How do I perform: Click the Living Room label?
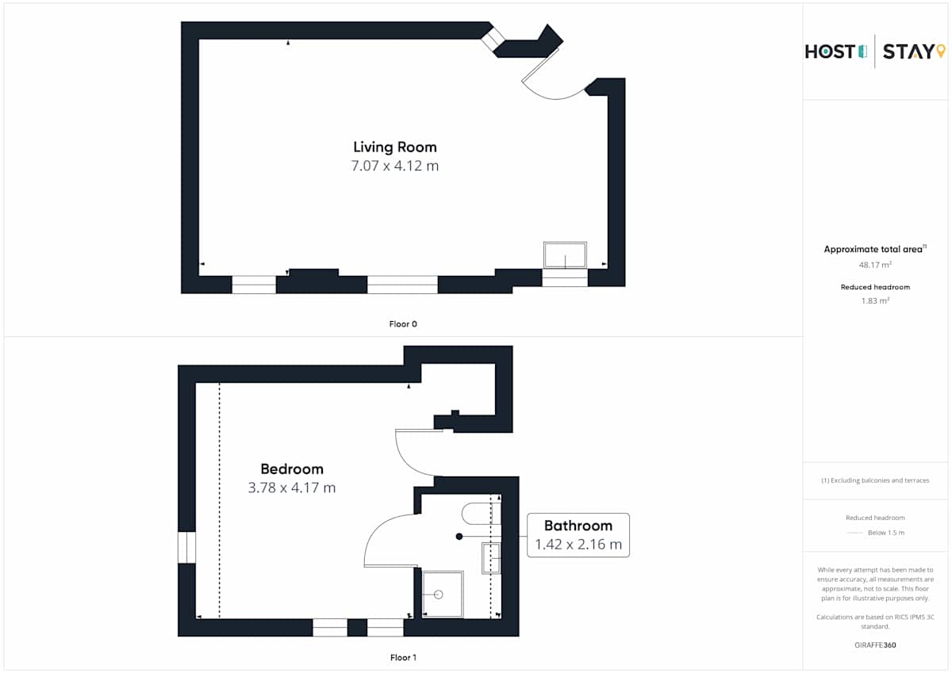click(x=395, y=147)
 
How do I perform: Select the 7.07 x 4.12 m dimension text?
click(x=395, y=166)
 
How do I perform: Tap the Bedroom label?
click(x=292, y=469)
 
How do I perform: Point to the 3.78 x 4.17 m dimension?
click(x=292, y=488)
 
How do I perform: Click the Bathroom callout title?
click(x=578, y=526)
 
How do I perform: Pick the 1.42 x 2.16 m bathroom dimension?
click(x=578, y=545)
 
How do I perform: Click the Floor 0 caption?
click(x=403, y=324)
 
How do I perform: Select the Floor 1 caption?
click(x=403, y=657)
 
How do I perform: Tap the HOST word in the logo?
click(x=830, y=52)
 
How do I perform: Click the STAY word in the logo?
click(x=908, y=52)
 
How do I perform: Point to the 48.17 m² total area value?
click(x=875, y=265)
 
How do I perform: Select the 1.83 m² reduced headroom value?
click(x=875, y=300)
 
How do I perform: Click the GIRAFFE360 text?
click(x=875, y=645)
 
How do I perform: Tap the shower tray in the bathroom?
click(x=443, y=595)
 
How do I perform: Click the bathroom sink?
click(x=491, y=558)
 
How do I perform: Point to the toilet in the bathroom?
click(x=481, y=514)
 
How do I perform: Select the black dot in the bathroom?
click(x=459, y=537)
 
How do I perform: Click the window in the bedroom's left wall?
click(x=186, y=547)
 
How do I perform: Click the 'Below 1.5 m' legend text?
click(x=886, y=533)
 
